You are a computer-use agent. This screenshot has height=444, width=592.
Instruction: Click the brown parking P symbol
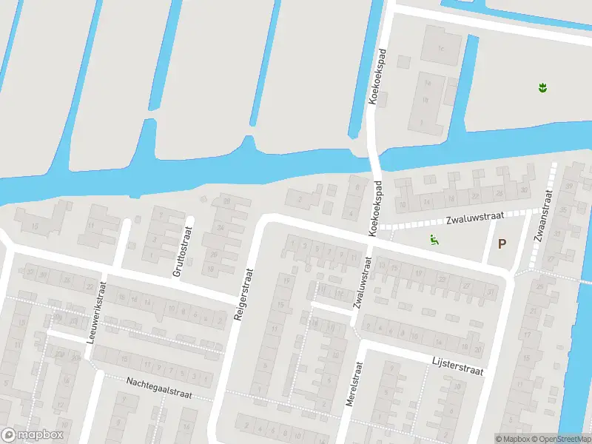point(502,243)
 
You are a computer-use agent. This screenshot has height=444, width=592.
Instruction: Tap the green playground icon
point(434,239)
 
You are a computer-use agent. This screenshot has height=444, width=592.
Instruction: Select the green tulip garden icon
point(543,88)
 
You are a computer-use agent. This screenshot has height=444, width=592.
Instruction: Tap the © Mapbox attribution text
point(511,439)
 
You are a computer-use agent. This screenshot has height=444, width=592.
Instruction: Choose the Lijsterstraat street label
point(457,365)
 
